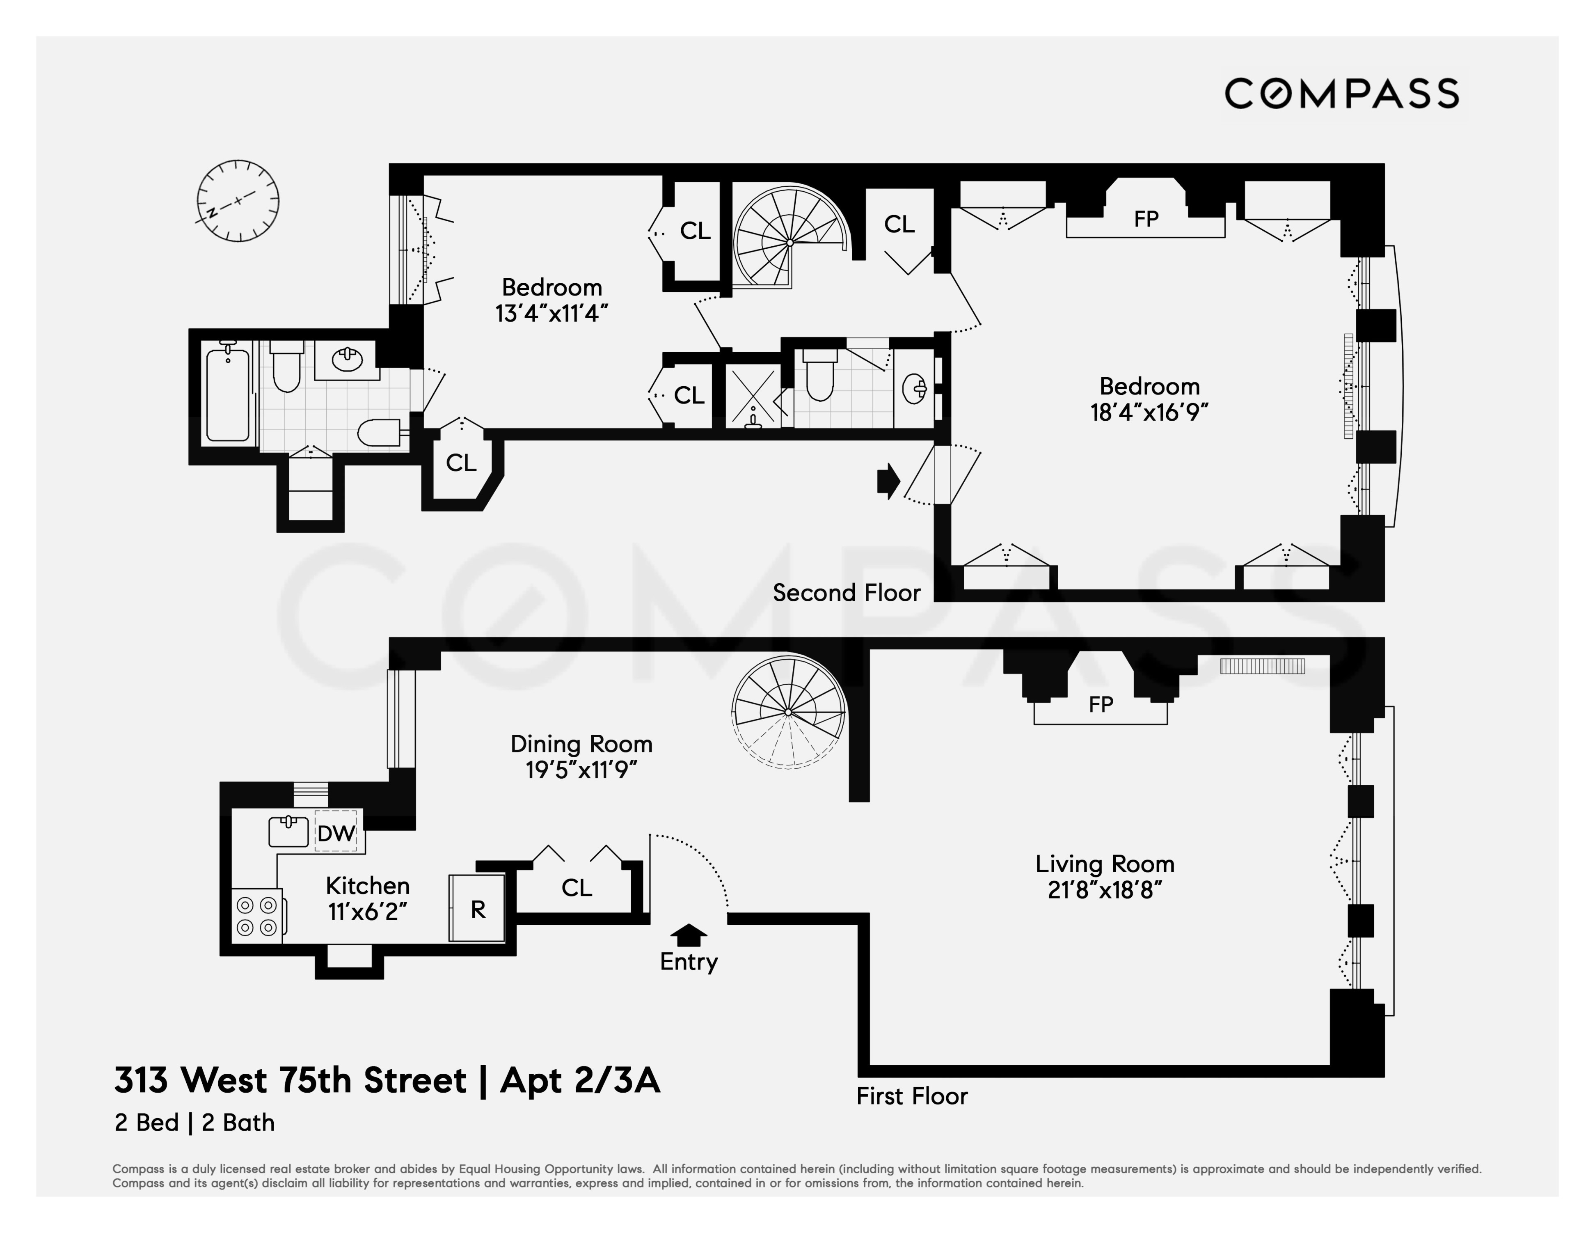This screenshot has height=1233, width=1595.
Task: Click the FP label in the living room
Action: pyautogui.click(x=1101, y=705)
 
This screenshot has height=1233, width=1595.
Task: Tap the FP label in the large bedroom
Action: pyautogui.click(x=1146, y=219)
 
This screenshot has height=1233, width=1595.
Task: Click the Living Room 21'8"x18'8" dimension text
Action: pyautogui.click(x=1104, y=890)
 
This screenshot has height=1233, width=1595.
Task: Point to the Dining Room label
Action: pyautogui.click(x=581, y=744)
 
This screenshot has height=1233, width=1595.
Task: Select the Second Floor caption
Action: pyautogui.click(x=847, y=592)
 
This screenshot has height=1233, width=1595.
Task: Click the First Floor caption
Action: pyautogui.click(x=911, y=1095)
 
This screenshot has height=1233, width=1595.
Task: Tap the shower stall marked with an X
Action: pyautogui.click(x=753, y=396)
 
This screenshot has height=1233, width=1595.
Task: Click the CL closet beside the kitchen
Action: pyautogui.click(x=576, y=887)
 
